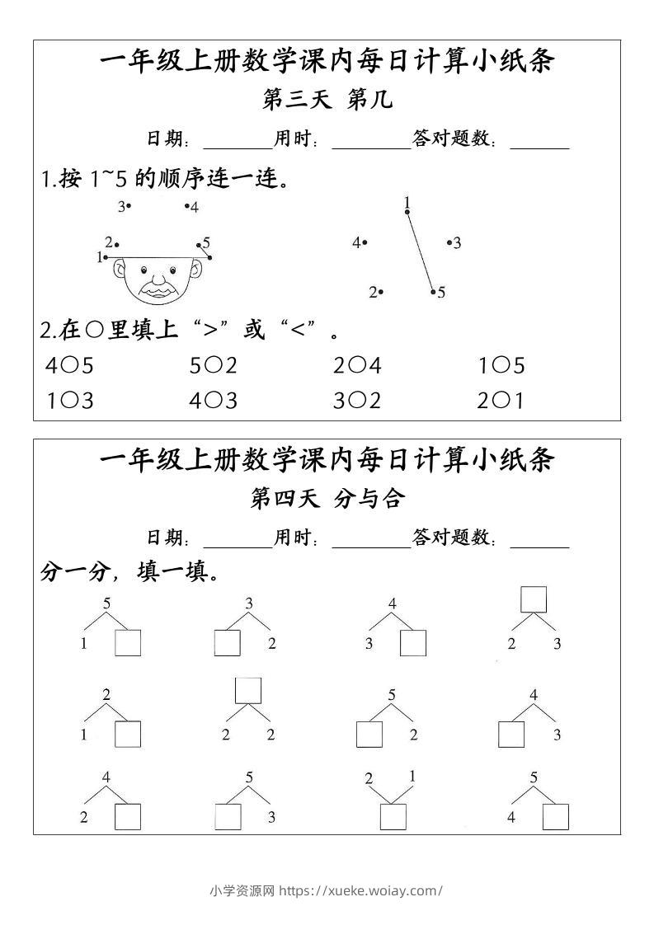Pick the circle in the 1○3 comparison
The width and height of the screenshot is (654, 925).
click(69, 401)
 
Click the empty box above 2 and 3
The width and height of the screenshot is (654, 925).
click(534, 599)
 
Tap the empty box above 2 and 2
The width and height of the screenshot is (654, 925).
click(248, 690)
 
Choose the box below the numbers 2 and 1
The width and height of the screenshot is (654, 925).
click(393, 816)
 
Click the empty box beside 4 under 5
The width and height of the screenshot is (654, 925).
click(556, 816)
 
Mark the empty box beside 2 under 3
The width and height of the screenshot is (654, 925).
click(227, 643)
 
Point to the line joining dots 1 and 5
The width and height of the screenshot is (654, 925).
click(420, 252)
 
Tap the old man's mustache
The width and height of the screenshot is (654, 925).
click(156, 288)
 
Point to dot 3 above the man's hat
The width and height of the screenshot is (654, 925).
click(129, 206)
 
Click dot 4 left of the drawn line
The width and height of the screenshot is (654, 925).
click(365, 242)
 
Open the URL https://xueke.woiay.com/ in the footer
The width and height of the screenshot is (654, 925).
click(360, 890)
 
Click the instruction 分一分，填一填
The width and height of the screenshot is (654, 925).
click(129, 571)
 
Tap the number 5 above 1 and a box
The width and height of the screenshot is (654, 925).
click(106, 603)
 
